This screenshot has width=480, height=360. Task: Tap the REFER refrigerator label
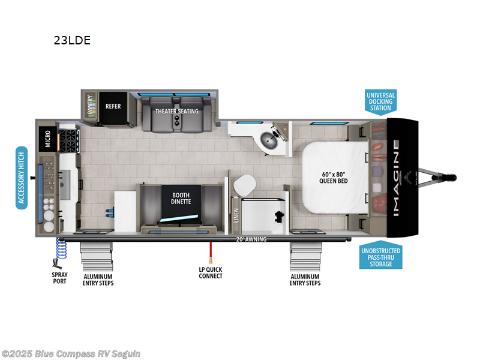click(113, 107)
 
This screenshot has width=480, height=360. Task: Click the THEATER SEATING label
click(177, 112)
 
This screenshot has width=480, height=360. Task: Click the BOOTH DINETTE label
click(181, 198)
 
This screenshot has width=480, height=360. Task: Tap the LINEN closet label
click(236, 214)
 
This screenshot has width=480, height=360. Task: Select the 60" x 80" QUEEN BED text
click(334, 177)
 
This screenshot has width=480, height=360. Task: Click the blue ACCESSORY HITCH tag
click(22, 177)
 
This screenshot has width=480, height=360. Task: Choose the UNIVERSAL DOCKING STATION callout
click(380, 101)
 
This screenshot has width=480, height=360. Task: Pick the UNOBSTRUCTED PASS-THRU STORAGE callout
click(381, 257)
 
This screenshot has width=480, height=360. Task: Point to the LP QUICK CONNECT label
click(211, 272)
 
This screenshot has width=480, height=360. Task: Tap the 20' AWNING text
click(250, 239)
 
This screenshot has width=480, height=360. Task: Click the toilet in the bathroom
click(244, 185)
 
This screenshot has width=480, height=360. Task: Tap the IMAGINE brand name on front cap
click(397, 177)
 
